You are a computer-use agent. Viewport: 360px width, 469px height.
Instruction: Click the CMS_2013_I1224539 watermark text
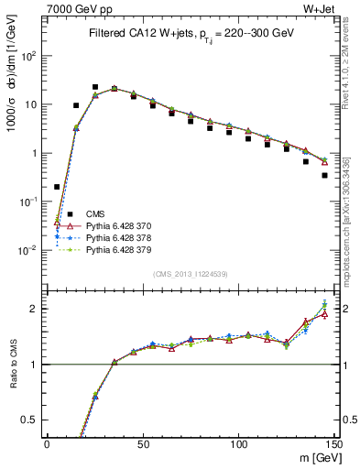190,273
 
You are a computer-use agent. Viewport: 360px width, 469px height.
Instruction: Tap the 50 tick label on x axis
143,444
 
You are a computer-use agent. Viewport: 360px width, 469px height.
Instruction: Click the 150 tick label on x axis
334,444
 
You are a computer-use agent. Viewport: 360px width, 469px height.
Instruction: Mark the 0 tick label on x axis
47,444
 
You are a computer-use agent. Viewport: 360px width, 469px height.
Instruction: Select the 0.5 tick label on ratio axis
29,420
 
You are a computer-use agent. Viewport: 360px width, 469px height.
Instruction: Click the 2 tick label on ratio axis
35,309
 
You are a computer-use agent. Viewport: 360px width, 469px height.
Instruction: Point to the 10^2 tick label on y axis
29,56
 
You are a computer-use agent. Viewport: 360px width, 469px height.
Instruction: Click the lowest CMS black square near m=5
57,187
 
